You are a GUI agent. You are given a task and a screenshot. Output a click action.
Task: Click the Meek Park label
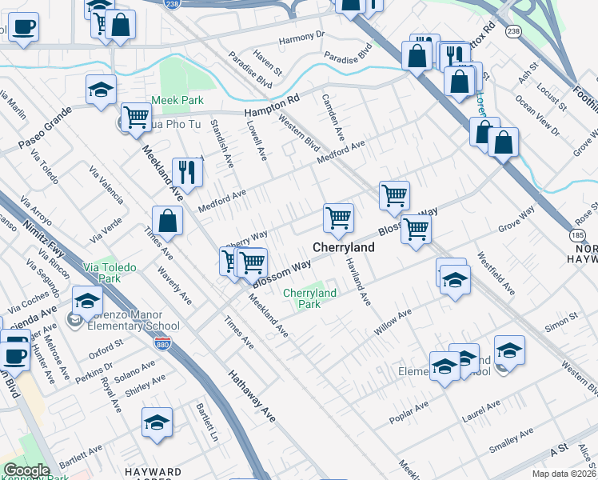coord(178,100)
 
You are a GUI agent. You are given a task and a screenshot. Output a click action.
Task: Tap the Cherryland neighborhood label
coord(343,248)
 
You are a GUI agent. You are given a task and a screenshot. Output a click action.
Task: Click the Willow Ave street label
coord(393,321)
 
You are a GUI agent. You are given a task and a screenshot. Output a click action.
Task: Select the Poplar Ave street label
coord(409,414)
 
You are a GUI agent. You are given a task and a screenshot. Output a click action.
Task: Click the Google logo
coord(26,470)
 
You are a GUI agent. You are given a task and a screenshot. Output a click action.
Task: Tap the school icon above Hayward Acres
coord(157,423)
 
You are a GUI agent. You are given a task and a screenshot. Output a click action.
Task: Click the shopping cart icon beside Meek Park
coord(136,118)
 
